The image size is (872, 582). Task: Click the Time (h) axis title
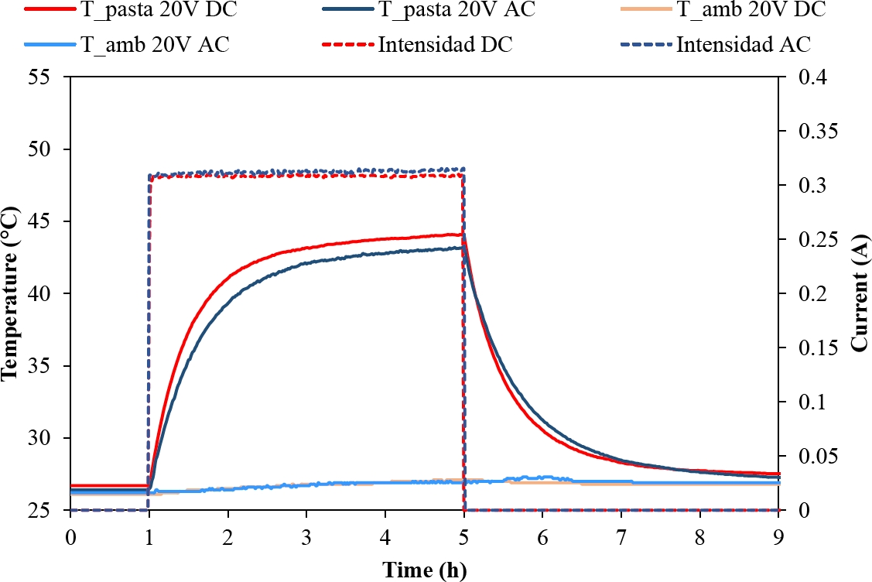point(425,570)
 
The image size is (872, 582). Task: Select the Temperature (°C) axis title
point(11,294)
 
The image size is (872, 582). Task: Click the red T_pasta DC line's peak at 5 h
point(462,234)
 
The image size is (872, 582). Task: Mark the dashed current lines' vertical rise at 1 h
point(148,341)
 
